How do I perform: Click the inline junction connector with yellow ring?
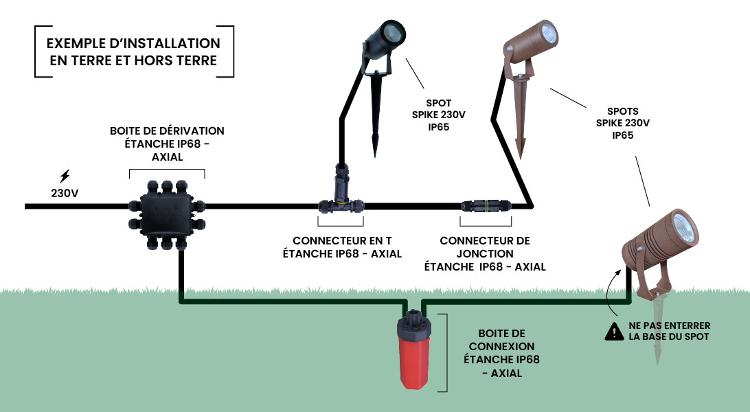(486, 205)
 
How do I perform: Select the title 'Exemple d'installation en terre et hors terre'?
(134, 52)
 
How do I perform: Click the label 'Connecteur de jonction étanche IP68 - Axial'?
(485, 254)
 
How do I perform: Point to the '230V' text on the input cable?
(65, 194)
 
